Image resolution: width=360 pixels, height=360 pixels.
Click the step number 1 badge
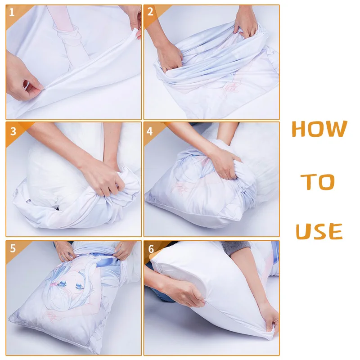tap(12, 12)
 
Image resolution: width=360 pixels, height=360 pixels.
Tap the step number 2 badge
tap(150, 12)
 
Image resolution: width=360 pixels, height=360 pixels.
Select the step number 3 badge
tap(13, 130)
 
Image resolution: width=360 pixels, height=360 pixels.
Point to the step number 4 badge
tap(150, 130)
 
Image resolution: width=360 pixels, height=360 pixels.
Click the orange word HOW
tap(319, 129)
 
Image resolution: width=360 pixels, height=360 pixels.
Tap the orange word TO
tap(318, 181)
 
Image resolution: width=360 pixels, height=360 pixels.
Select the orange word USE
tap(319, 232)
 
